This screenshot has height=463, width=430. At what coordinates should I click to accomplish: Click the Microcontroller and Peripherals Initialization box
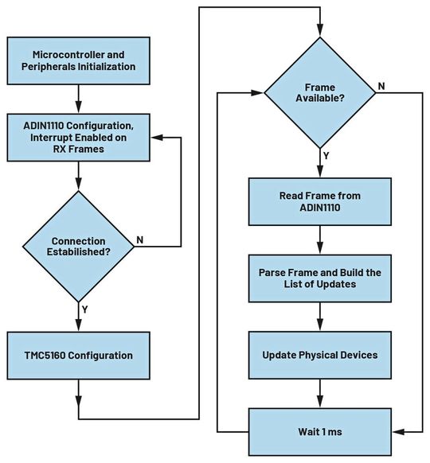pos(78,60)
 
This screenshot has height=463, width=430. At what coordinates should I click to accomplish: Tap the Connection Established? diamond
pos(78,246)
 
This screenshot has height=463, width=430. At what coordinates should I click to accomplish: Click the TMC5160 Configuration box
pos(78,356)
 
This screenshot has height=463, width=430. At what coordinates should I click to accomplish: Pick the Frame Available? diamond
pos(319,94)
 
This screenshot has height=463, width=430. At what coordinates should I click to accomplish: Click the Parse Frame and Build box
pos(319,278)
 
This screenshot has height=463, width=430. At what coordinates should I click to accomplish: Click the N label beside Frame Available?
pos(382,84)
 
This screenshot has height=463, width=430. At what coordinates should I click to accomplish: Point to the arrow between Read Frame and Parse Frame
pos(319,240)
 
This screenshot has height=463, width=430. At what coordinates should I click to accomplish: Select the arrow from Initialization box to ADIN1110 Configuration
pos(78,99)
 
